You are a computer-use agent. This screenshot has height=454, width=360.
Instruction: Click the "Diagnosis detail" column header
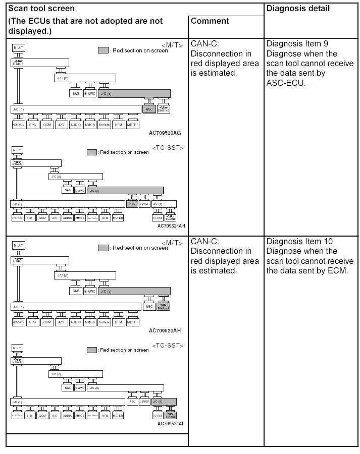click(298, 9)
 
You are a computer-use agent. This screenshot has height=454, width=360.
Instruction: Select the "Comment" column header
click(210, 21)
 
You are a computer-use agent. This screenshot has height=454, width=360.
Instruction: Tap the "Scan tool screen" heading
click(41, 9)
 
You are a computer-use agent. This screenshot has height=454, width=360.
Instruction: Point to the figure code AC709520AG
click(165, 133)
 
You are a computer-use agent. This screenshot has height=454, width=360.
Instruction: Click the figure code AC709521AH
click(171, 226)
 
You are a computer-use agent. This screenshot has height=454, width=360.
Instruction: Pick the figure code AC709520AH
click(165, 331)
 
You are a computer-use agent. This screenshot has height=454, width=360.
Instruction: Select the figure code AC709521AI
click(170, 423)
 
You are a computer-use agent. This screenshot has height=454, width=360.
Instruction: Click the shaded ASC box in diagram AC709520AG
click(149, 109)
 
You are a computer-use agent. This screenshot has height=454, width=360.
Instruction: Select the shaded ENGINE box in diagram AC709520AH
click(164, 307)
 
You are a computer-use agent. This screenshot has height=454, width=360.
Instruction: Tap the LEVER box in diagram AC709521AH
click(144, 204)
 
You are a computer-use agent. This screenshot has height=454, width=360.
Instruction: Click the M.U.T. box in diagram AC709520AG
click(18, 48)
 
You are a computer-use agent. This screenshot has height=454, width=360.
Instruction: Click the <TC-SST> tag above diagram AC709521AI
click(168, 346)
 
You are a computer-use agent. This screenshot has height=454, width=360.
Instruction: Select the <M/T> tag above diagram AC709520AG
click(172, 45)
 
